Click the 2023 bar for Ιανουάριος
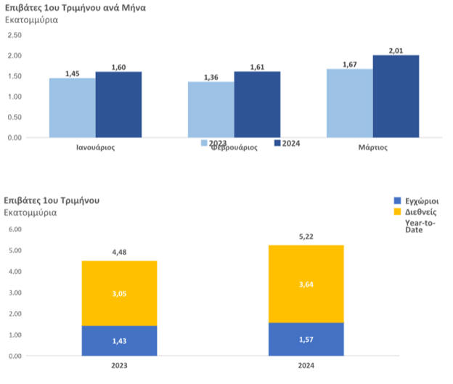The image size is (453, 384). point(72,107)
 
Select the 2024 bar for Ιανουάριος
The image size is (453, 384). point(118,104)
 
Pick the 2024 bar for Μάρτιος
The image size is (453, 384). point(396,96)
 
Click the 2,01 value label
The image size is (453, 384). point(396,51)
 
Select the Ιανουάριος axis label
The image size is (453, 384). point(95,147)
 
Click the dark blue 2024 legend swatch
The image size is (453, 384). point(278,143)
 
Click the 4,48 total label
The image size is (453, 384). point(119,252)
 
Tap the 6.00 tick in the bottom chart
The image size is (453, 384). point(13,229)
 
